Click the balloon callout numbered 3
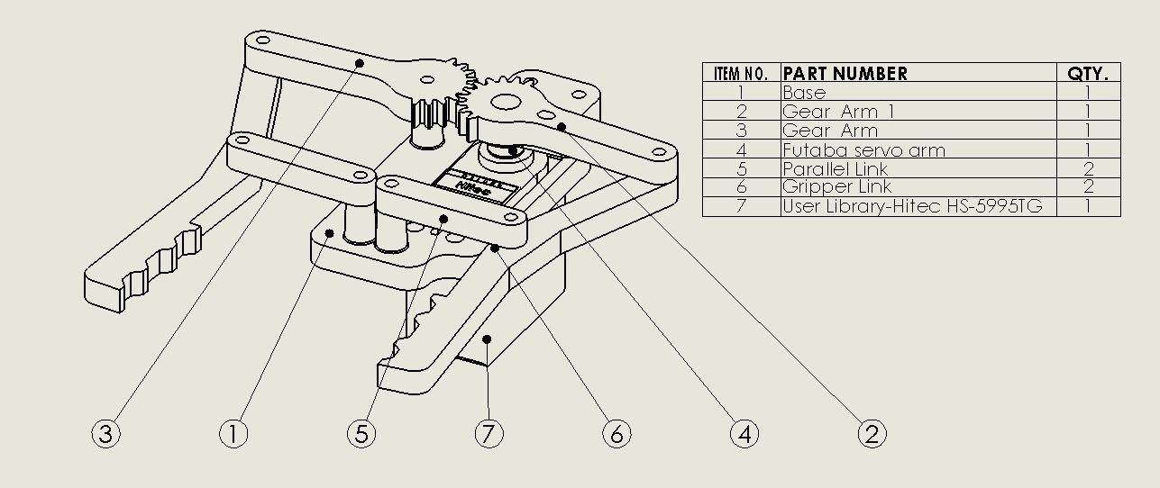105,434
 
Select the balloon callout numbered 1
233,434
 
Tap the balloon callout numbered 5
361,434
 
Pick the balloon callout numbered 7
489,434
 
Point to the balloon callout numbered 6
617,434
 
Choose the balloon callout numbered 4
744,434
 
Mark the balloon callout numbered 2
872,434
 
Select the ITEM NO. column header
741,73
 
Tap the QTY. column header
1088,73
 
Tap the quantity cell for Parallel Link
1088,169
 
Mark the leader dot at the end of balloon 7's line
487,339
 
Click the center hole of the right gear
503,102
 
